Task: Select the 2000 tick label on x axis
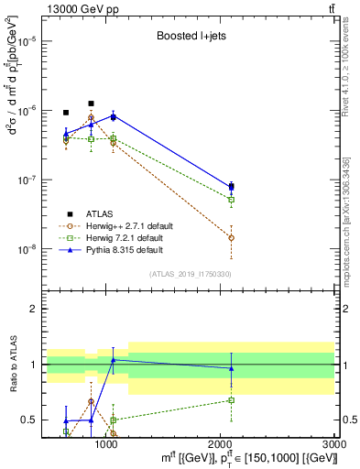point(221,444)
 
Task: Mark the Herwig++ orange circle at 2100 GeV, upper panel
point(231,237)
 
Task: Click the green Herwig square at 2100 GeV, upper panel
point(231,200)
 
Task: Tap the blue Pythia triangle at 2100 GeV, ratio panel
point(231,368)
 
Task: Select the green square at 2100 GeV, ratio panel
point(231,400)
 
